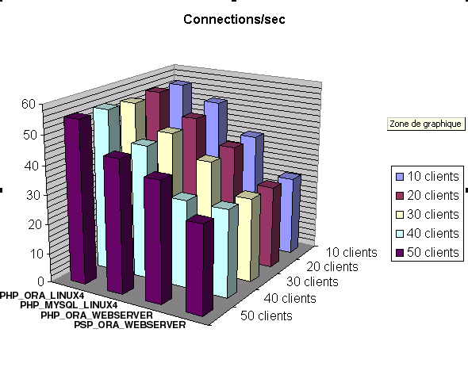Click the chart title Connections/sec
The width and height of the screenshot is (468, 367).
click(x=234, y=19)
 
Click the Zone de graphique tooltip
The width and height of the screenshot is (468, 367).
click(x=426, y=124)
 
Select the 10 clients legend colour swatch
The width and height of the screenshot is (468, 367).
click(x=400, y=177)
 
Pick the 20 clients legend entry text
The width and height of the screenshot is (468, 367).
click(x=433, y=196)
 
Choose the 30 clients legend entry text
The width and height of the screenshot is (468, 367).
click(x=433, y=215)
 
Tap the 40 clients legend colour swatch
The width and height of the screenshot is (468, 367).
click(x=400, y=234)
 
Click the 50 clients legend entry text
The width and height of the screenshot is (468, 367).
click(x=433, y=252)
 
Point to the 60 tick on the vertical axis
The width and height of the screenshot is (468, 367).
click(x=29, y=104)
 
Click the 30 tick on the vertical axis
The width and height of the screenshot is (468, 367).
click(x=33, y=196)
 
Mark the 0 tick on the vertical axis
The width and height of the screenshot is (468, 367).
click(x=41, y=281)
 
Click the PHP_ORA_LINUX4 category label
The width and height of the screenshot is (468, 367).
click(x=42, y=296)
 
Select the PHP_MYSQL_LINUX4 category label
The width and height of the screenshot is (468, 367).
click(x=69, y=305)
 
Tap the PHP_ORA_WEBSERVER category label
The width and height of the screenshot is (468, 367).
click(x=97, y=315)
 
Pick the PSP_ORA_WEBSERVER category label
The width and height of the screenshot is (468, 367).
click(x=130, y=325)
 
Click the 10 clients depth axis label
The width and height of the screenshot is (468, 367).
click(x=351, y=252)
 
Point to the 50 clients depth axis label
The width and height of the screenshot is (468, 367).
click(x=267, y=315)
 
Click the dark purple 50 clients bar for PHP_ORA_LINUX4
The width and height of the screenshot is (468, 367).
click(x=80, y=198)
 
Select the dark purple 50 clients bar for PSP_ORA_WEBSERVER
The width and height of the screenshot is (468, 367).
click(x=199, y=266)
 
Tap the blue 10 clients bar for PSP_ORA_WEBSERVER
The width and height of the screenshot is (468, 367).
click(x=289, y=212)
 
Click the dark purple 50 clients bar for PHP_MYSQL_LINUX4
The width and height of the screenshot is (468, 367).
click(x=118, y=223)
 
